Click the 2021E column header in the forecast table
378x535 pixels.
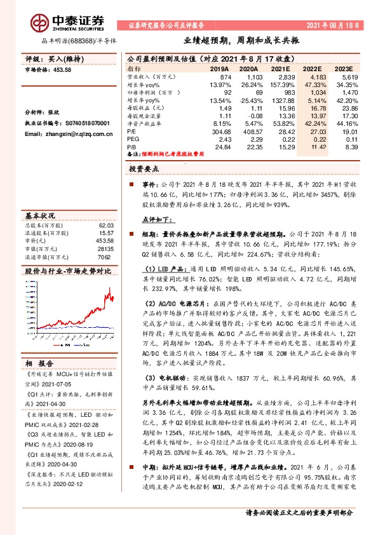pyautogui.click(x=280, y=68)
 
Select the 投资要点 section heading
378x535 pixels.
pyautogui.click(x=144, y=170)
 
